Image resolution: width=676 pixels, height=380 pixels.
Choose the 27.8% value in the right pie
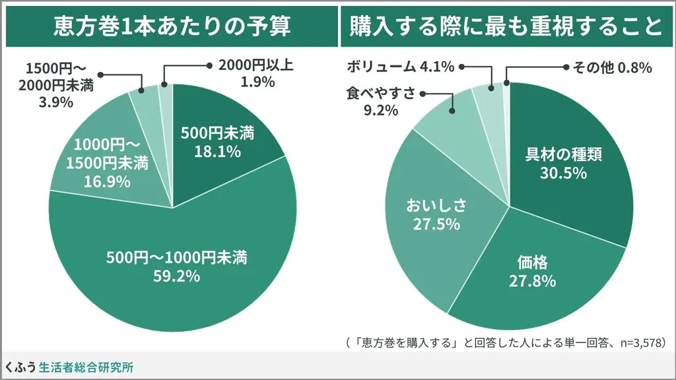click(x=532, y=280)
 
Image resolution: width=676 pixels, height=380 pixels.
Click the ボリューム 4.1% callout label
click(x=400, y=66)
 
